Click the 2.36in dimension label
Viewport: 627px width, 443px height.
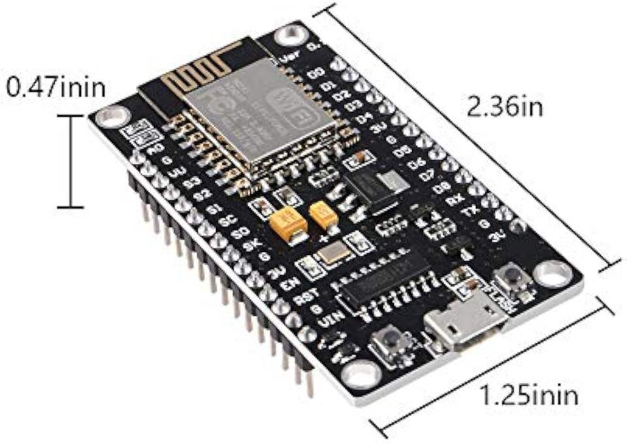(505, 105)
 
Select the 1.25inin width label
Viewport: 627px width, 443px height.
(529, 394)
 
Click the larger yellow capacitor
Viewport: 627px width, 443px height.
(287, 224)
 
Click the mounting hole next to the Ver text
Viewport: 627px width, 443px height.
(286, 35)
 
